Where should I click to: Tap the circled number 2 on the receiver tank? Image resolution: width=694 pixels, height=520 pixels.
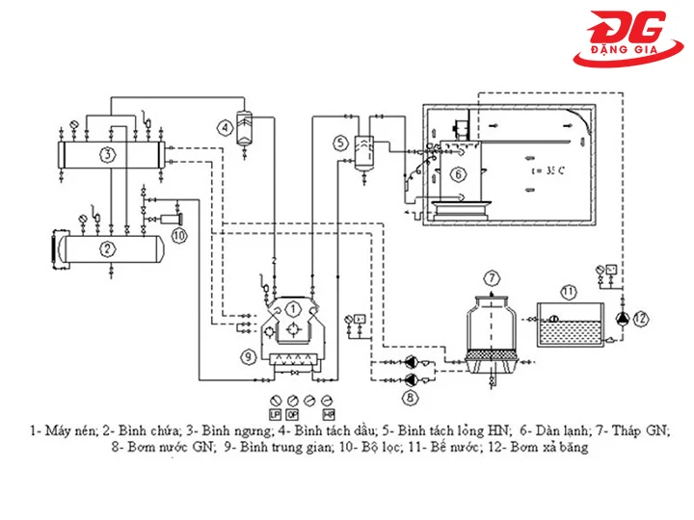coord(109,248)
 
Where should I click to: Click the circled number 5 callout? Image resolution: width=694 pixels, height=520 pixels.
coord(340,143)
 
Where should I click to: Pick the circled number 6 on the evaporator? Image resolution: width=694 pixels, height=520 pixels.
coord(458,174)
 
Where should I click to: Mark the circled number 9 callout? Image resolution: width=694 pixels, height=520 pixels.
coord(248,356)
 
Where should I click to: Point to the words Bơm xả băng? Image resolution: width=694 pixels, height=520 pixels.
coord(548,447)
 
